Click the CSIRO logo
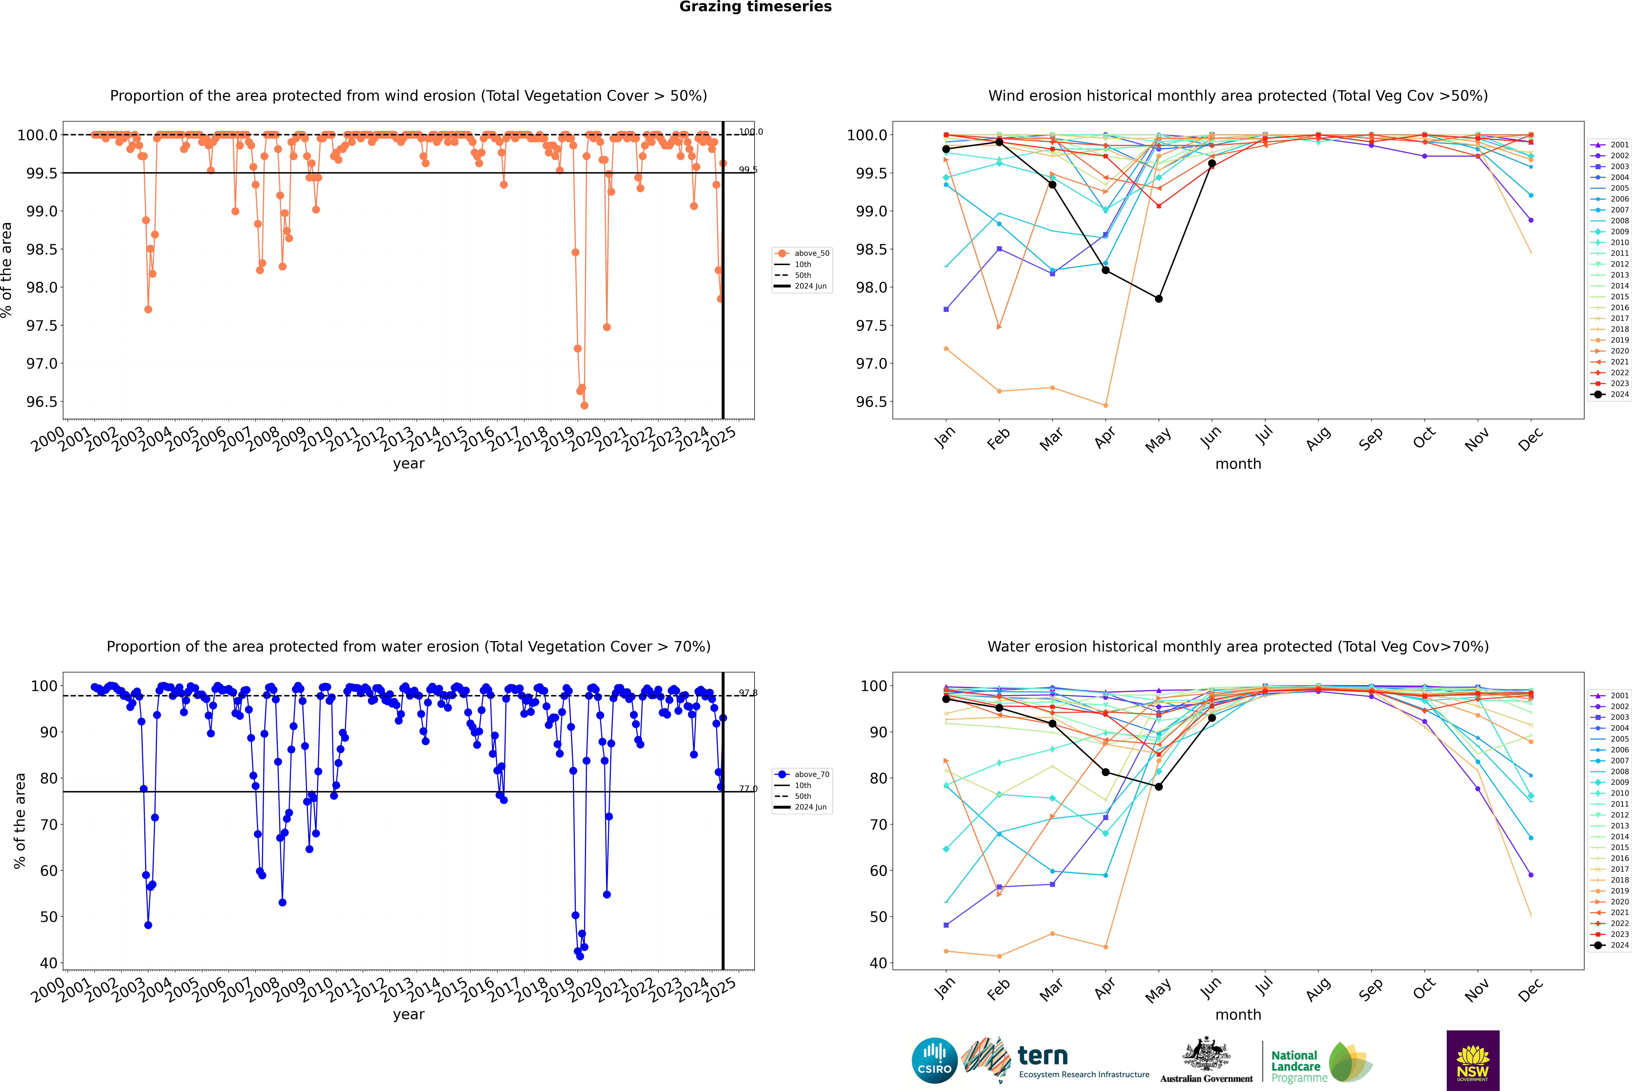(934, 1060)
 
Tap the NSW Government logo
(1473, 1060)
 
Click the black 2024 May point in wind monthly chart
(1158, 299)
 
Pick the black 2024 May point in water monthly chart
(1158, 787)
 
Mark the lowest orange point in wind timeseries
(584, 405)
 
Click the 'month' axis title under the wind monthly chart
(1238, 464)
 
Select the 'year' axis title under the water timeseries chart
(408, 1015)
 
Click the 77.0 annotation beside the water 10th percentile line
(748, 789)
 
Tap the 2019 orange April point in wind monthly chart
(1105, 405)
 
